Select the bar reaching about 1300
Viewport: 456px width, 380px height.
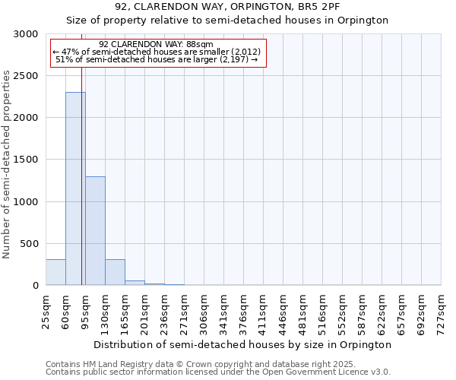coord(95,231)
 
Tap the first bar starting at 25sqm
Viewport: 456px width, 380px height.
coord(55,272)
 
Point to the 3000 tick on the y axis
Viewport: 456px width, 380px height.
coord(27,34)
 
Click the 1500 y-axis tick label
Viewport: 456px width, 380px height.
coord(27,160)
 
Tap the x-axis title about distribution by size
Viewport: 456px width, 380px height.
coord(243,344)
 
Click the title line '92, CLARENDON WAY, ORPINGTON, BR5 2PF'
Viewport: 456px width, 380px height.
coord(227,7)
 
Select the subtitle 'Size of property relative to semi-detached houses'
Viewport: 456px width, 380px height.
coord(227,21)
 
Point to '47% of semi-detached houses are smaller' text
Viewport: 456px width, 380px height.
coord(157,52)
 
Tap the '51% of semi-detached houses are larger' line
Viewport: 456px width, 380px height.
coord(157,59)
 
